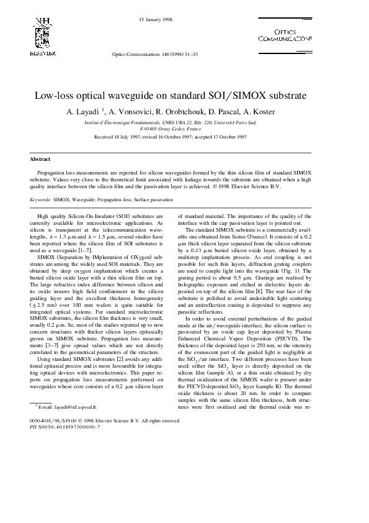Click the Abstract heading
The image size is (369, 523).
(40, 160)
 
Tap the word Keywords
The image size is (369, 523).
(40, 200)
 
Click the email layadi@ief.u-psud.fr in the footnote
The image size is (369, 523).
(64, 407)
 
